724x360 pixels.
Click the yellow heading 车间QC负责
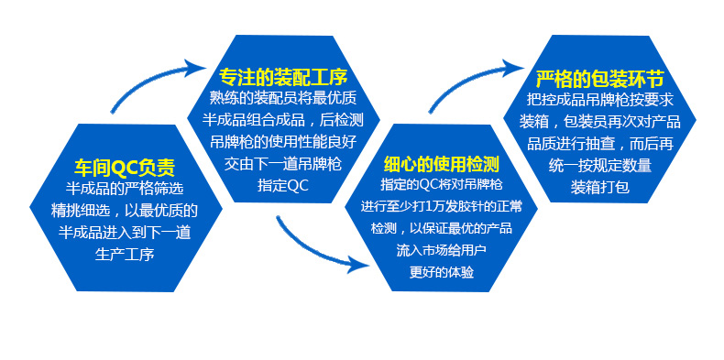[x=125, y=168]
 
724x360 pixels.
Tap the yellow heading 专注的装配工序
[x=283, y=77]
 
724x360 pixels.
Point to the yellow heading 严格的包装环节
[x=599, y=80]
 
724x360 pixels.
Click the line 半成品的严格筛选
[x=125, y=189]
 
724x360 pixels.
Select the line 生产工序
[x=125, y=255]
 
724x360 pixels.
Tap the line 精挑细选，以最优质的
[x=125, y=211]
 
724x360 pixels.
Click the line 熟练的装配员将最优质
[x=283, y=98]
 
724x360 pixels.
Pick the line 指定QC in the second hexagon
[x=283, y=186]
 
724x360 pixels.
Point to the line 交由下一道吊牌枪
[x=283, y=164]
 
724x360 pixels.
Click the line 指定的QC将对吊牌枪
[x=442, y=185]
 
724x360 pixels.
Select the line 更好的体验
[x=442, y=272]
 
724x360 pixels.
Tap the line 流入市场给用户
[x=442, y=251]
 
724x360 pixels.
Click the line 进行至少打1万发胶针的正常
[x=442, y=206]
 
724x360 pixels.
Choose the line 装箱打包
[x=599, y=188]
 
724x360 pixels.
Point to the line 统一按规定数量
[x=599, y=166]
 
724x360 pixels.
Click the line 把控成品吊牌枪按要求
[x=599, y=99]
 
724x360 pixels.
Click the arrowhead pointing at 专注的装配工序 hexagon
[x=195, y=70]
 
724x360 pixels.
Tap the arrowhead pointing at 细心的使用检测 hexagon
[x=358, y=265]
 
